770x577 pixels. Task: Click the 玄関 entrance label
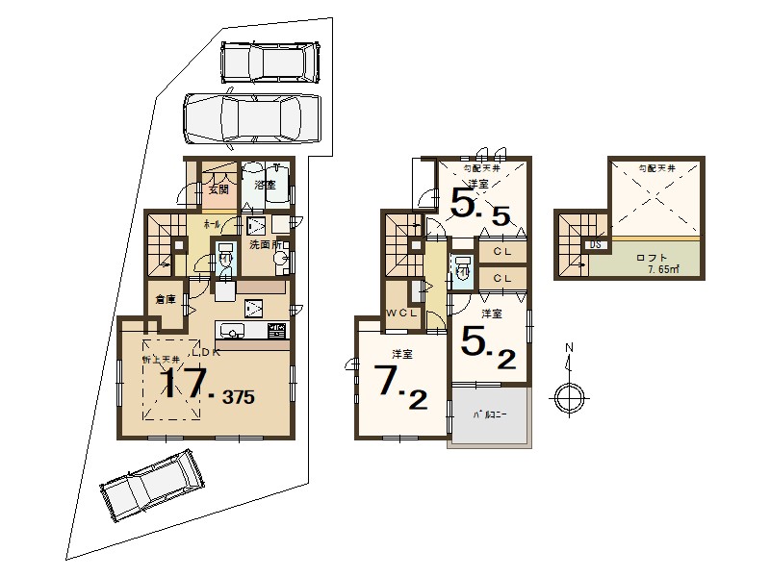218,189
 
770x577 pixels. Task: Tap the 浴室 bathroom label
265,184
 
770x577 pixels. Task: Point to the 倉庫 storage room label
165,300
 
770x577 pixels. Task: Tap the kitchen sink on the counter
232,332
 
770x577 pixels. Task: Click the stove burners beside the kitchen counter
276,332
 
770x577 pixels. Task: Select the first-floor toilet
224,258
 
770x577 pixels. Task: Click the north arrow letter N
569,347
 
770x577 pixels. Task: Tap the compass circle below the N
569,395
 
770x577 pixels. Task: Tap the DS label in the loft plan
596,245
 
